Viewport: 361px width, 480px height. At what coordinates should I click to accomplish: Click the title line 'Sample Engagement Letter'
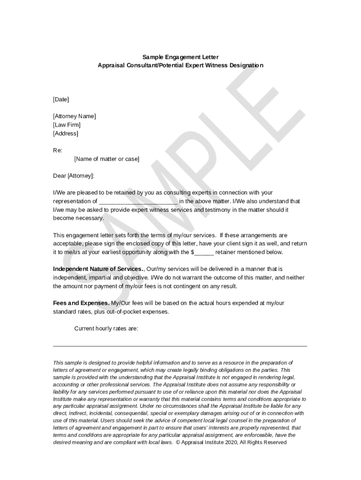pos(180,57)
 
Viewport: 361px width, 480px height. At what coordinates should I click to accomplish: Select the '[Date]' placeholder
pos(61,99)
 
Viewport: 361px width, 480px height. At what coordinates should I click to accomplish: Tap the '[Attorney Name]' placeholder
pos(74,116)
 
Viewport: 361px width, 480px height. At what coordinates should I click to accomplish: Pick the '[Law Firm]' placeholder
pos(67,125)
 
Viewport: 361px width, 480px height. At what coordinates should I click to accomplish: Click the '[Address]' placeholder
pos(66,133)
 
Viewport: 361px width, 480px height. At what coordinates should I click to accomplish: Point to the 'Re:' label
pos(57,150)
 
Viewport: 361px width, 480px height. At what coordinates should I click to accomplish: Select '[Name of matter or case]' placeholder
pos(106,159)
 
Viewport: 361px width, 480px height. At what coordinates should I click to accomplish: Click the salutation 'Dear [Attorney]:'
pos(74,176)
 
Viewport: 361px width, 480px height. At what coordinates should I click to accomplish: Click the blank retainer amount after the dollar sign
pos(204,253)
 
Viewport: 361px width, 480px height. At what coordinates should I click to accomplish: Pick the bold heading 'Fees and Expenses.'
pos(81,303)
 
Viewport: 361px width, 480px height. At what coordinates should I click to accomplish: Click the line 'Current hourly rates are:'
pos(106,329)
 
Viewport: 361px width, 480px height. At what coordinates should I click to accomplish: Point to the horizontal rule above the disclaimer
pos(180,346)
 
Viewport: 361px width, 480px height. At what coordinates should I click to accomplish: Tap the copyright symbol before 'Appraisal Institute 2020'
pos(178,442)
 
